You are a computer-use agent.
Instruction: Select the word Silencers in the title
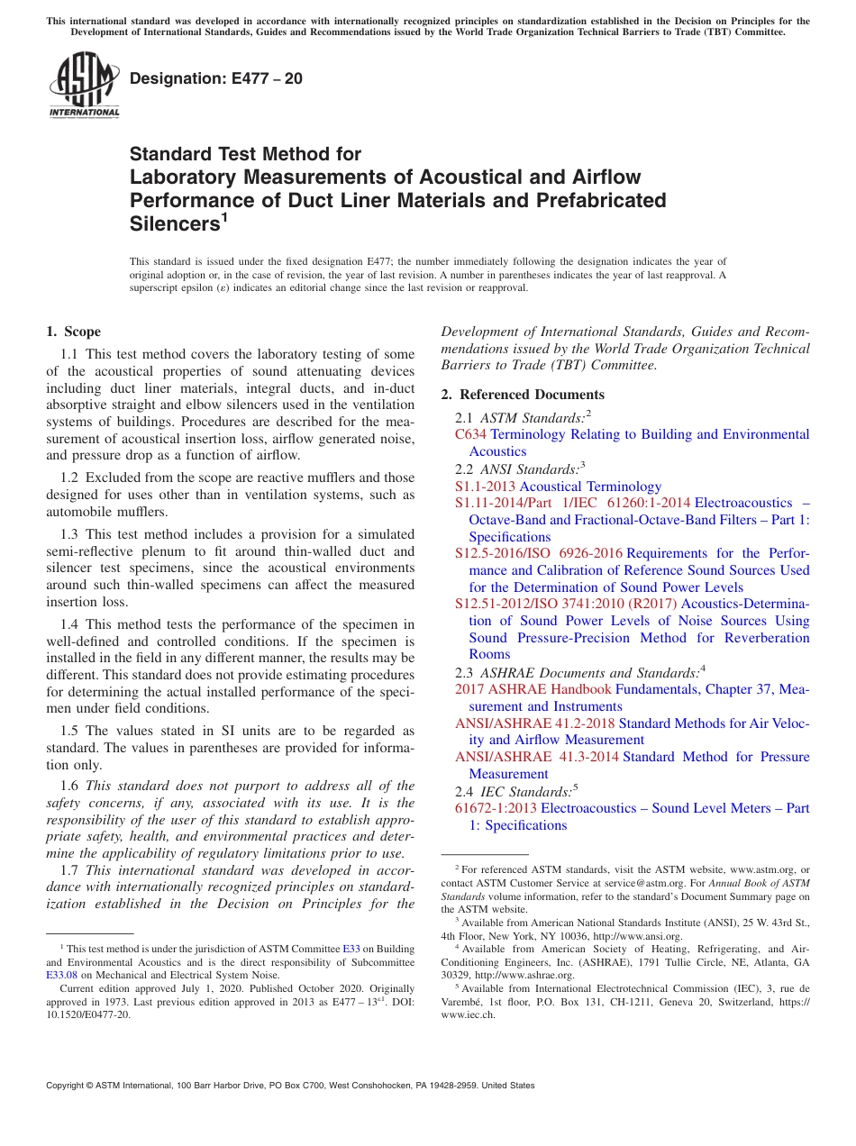coord(171,223)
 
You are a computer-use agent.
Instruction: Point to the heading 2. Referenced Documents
coord(523,395)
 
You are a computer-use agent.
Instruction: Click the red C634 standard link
coord(470,434)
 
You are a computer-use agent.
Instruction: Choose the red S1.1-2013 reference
coord(485,487)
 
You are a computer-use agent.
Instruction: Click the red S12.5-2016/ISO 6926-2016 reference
coord(538,553)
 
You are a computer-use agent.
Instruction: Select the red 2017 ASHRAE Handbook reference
coord(533,689)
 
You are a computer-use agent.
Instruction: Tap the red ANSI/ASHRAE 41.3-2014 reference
coord(536,757)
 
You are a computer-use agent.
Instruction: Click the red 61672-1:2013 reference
coord(496,808)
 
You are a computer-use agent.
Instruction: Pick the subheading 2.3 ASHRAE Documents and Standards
coord(579,672)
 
